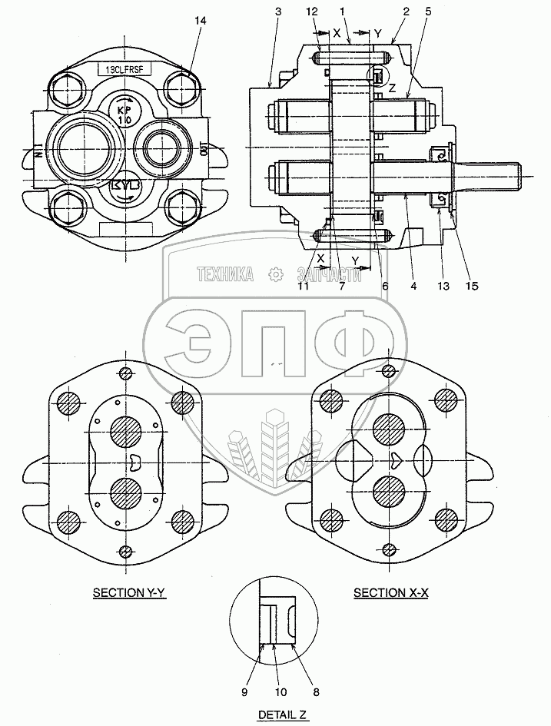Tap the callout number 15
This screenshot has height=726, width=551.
coord(471,286)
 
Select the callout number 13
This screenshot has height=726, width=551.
coord(441,286)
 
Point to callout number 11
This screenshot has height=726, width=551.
coord(304,286)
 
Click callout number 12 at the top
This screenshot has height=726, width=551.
coord(311,12)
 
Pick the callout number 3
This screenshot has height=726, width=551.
coord(277,12)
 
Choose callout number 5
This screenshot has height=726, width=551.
coord(428,12)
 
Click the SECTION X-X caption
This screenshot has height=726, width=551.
coord(389,592)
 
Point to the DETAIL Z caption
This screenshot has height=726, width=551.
coord(282,714)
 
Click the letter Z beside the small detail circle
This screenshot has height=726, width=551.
coord(392,88)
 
